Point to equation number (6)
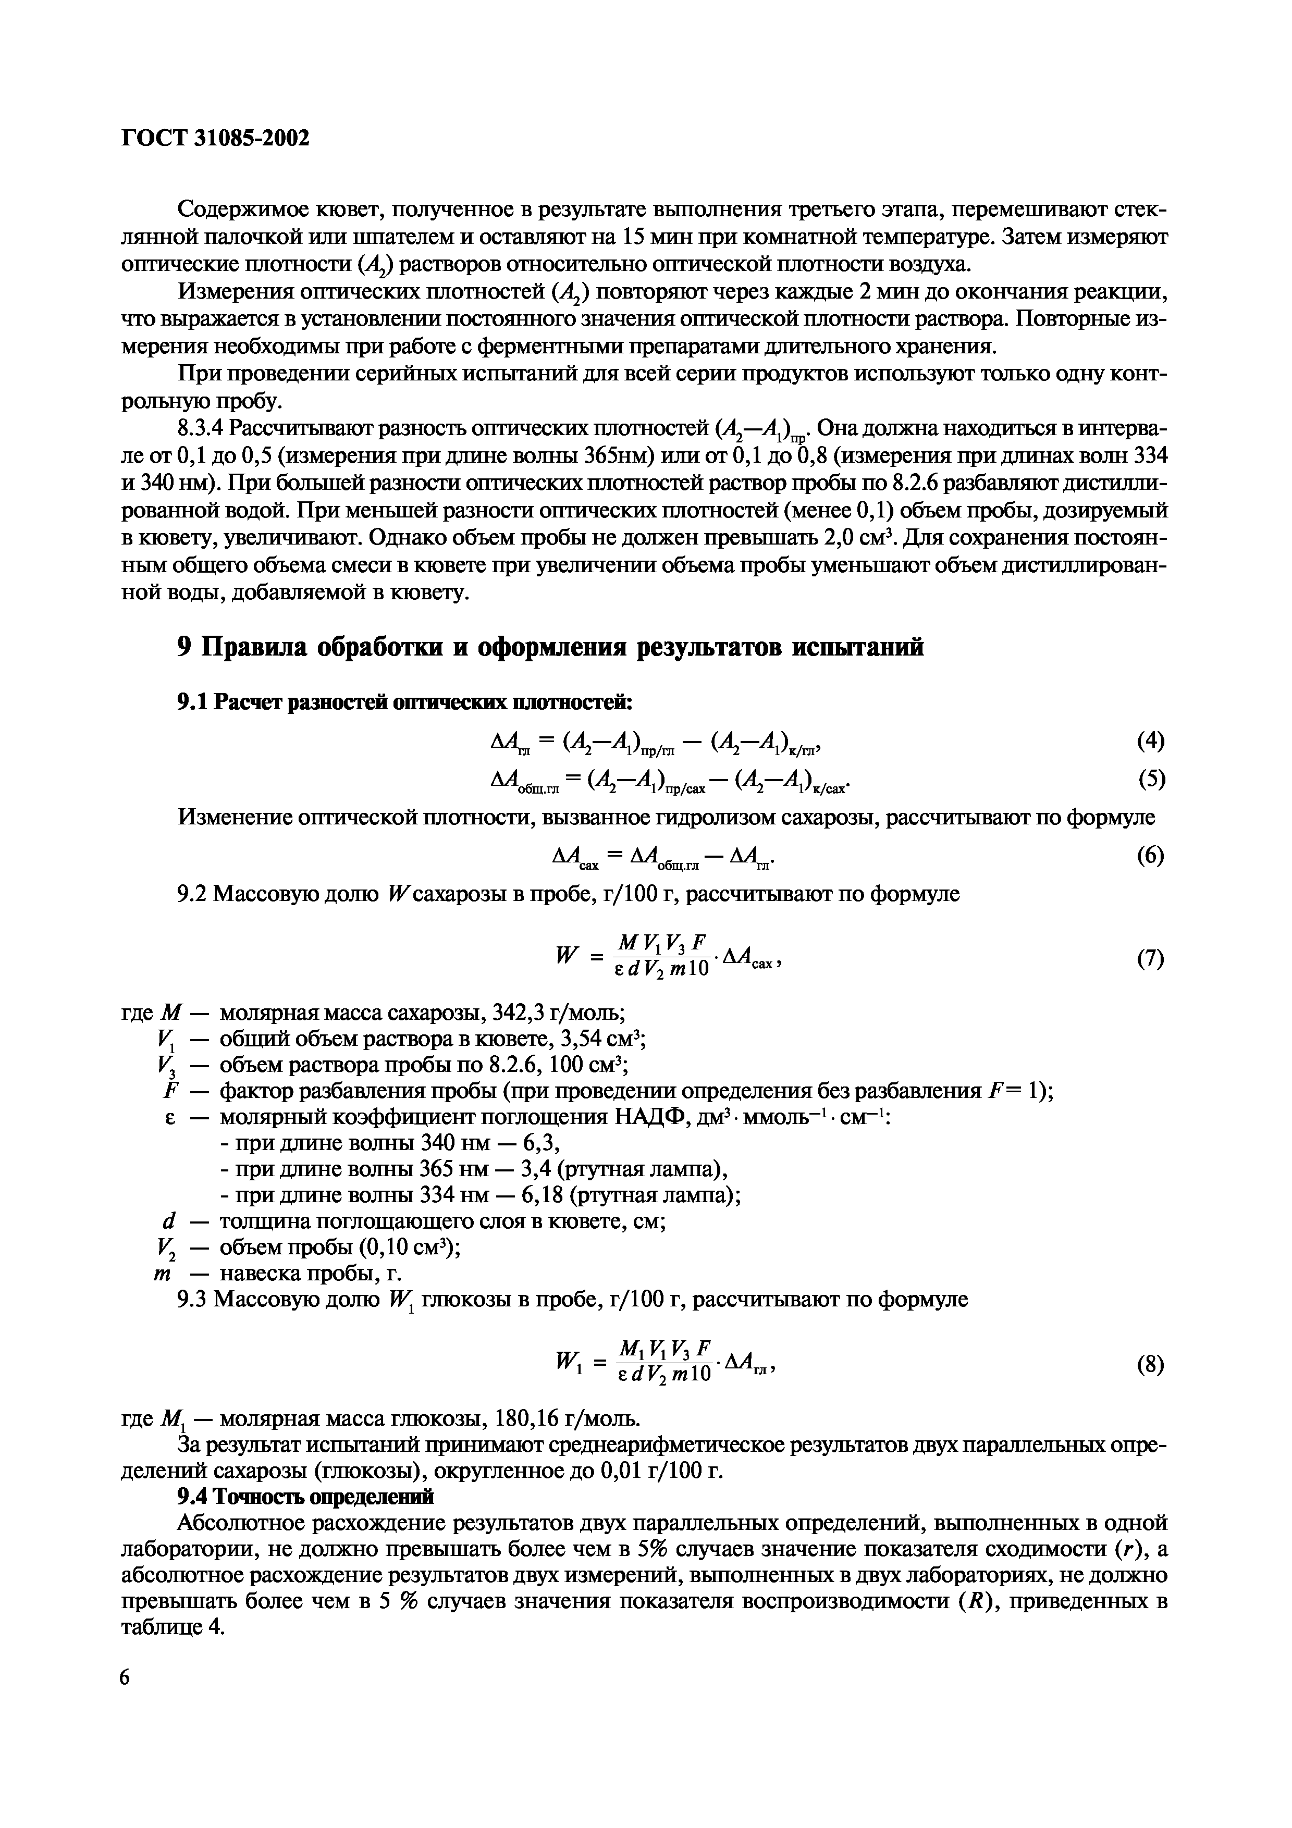pyautogui.click(x=1150, y=856)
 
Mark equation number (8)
pyautogui.click(x=1150, y=1365)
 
